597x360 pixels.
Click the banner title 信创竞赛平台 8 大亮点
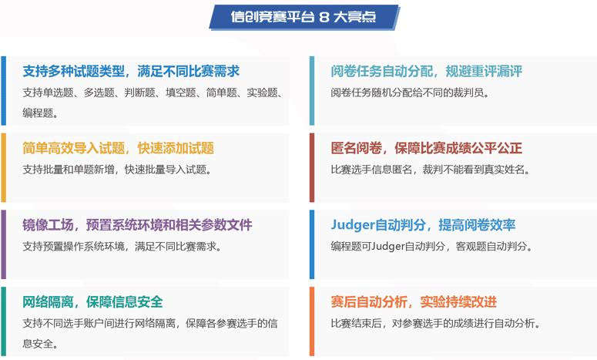point(304,17)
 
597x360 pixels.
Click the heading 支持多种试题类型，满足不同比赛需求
point(131,71)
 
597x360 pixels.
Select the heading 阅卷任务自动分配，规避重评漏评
point(427,71)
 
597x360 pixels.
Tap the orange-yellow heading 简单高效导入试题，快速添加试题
point(118,148)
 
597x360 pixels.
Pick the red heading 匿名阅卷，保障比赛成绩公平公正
point(427,148)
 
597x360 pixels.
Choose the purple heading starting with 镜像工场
point(137,225)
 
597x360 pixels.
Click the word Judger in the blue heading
point(353,225)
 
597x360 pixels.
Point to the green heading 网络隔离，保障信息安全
point(92,302)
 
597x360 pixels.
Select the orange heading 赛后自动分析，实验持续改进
point(414,302)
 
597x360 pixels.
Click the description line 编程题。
point(40,113)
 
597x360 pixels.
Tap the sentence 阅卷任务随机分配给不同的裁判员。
point(410,93)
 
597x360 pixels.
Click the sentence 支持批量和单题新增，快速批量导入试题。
point(117,170)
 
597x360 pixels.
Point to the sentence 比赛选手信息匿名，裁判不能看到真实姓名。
point(431,170)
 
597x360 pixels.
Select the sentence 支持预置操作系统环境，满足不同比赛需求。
point(122,247)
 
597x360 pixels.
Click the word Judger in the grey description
point(387,247)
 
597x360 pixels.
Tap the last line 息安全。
point(40,344)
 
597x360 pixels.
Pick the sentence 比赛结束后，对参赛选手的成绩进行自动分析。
point(435,324)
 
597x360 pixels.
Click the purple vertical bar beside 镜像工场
point(3,244)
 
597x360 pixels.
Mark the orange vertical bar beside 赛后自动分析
point(312,321)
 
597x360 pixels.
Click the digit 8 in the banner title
point(324,17)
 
